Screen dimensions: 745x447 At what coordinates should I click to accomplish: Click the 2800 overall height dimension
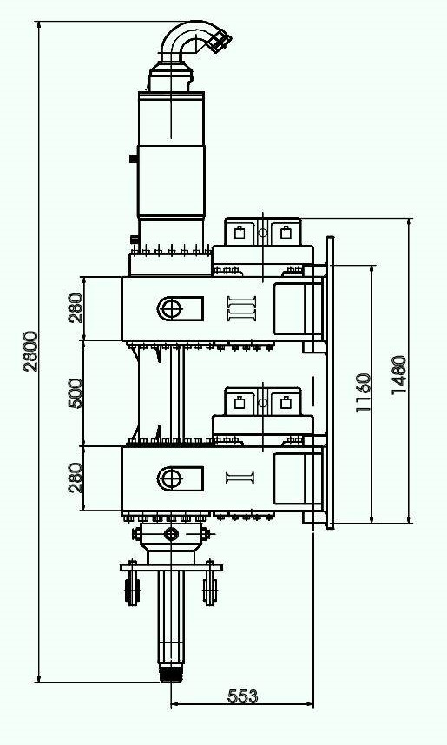(x=30, y=351)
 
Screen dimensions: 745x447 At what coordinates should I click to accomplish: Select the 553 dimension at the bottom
(x=242, y=696)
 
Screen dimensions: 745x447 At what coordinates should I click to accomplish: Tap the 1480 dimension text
(x=398, y=374)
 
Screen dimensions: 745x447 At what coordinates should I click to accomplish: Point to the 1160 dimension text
(x=364, y=392)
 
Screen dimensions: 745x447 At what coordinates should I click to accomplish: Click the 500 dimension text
(x=76, y=392)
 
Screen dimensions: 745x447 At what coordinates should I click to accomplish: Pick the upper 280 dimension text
(x=76, y=308)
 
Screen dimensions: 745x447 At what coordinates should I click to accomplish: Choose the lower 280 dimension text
(x=76, y=477)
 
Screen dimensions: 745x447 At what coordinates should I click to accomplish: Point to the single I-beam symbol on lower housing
(x=240, y=478)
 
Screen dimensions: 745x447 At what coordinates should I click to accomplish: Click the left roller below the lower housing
(x=132, y=588)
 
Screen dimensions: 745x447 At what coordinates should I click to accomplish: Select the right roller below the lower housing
(x=209, y=588)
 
